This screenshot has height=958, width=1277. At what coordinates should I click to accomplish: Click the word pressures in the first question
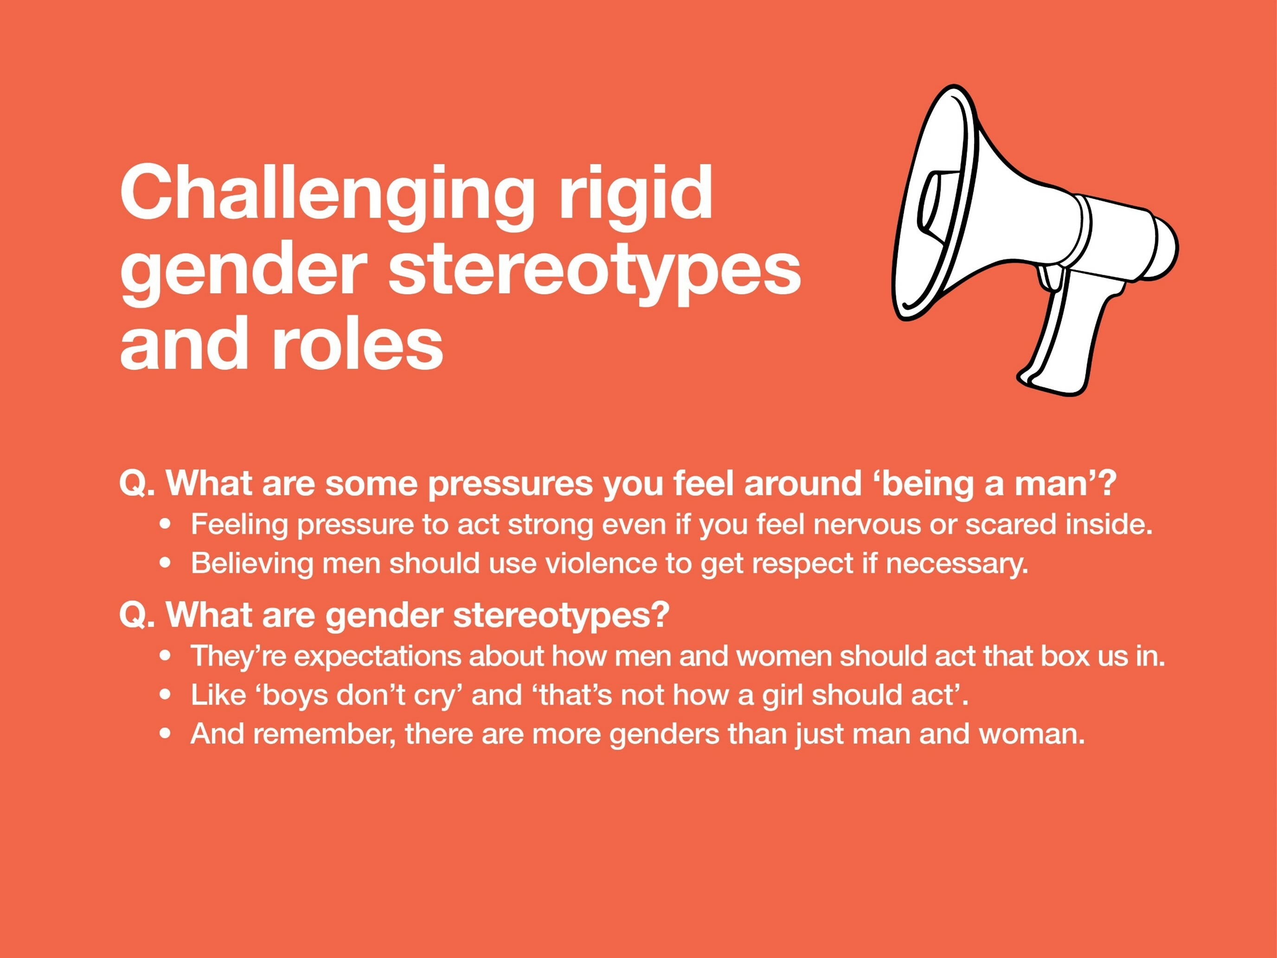coord(510,484)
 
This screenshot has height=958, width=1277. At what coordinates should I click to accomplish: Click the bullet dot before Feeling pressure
coord(166,524)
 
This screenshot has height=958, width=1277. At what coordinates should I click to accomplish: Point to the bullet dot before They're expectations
coord(166,656)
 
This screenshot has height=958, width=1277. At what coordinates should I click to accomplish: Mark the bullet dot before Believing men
coord(166,564)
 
